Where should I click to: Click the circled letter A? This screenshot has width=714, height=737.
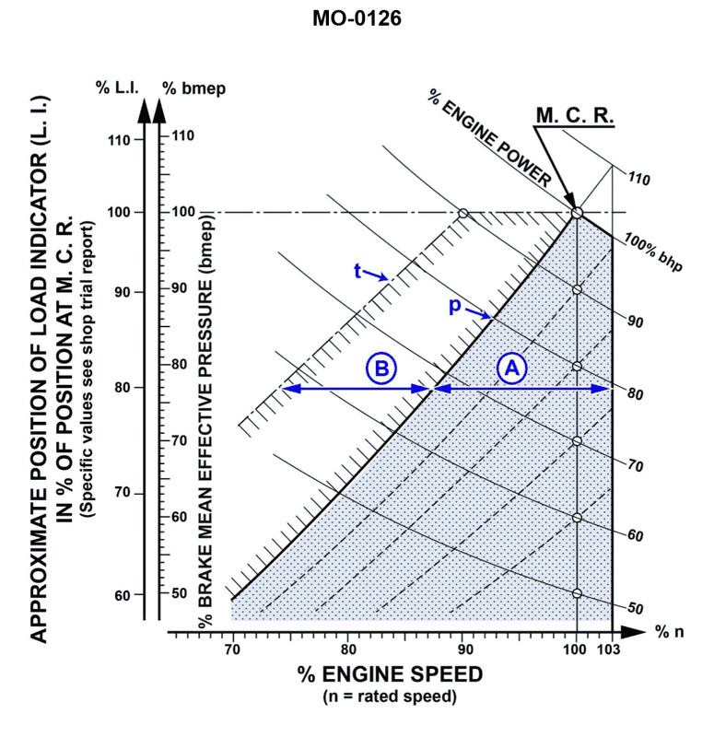pyautogui.click(x=512, y=368)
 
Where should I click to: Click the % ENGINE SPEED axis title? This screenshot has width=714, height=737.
pyautogui.click(x=391, y=675)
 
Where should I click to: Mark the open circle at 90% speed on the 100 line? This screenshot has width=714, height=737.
pyautogui.click(x=463, y=213)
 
